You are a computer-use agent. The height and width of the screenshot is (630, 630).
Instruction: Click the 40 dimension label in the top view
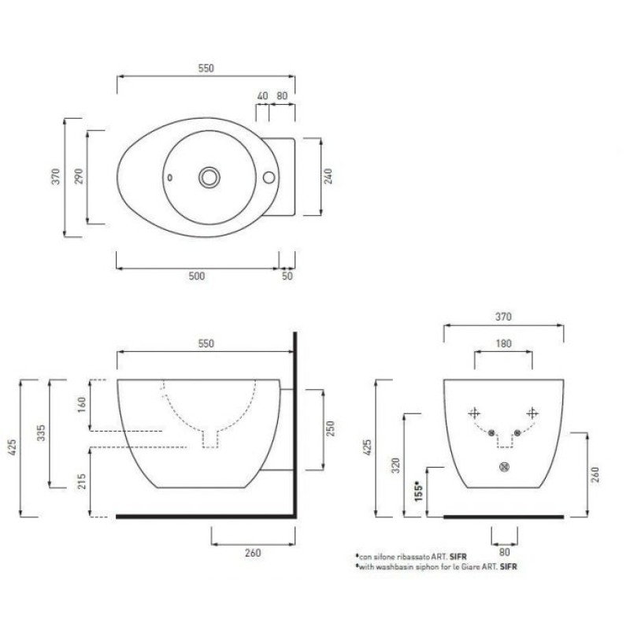click(x=262, y=96)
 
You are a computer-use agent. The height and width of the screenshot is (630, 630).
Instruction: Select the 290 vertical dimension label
click(x=80, y=176)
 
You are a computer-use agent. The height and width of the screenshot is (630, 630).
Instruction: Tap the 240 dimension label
click(x=328, y=176)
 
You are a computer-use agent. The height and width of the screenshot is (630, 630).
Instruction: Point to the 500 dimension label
click(x=196, y=276)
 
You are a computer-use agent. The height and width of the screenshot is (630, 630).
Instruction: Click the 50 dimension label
click(x=287, y=276)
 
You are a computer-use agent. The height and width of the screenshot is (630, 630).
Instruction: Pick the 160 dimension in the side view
click(x=82, y=405)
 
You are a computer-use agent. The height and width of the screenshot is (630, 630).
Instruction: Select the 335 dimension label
click(x=41, y=432)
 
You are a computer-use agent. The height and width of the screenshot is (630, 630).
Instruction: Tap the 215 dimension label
click(x=82, y=481)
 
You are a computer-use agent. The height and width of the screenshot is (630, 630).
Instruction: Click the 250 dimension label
click(x=330, y=428)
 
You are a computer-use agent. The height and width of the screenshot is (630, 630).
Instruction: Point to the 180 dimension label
click(x=503, y=343)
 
